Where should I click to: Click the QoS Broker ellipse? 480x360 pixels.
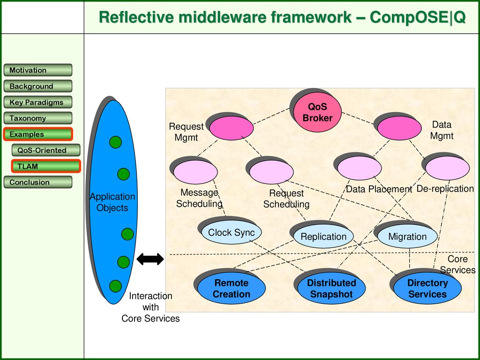pos(317,112)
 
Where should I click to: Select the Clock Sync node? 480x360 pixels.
pos(231,232)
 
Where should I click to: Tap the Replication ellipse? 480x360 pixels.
pos(323,236)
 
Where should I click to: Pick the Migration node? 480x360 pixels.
pos(407,236)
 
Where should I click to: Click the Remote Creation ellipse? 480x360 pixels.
pos(231,288)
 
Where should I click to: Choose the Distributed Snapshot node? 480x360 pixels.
pos(331,288)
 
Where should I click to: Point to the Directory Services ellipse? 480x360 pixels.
pos(427,288)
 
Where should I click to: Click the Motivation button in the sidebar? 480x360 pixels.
pos(38,70)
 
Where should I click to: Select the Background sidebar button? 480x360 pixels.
pos(38,86)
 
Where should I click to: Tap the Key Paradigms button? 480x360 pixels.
pos(38,102)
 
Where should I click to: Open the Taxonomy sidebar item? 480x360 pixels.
pos(38,118)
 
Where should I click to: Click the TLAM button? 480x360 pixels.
pos(46,166)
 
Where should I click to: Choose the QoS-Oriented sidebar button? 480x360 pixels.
pos(46,150)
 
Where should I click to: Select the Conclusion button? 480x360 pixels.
pos(38,182)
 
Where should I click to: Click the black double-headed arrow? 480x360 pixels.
pos(150,259)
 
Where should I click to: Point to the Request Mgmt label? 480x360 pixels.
pos(186,132)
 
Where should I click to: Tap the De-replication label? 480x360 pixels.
pos(445,188)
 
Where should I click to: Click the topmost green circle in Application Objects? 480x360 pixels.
pos(115,142)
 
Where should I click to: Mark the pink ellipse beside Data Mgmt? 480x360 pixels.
pos(399,128)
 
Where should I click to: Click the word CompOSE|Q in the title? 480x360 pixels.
pos(418,17)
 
